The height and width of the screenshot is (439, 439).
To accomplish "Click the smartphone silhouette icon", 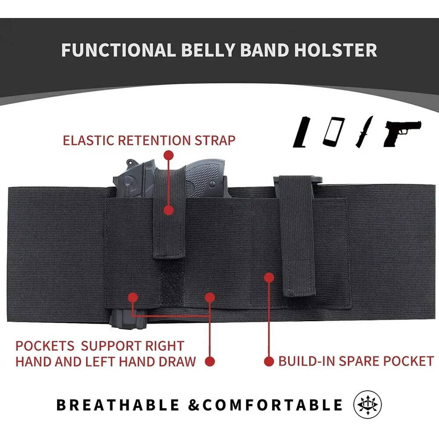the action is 334,132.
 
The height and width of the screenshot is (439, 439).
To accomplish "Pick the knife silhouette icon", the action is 364,132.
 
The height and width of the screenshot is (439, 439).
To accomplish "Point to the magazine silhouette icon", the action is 302,132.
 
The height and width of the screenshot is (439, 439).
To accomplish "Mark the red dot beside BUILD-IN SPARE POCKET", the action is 269,361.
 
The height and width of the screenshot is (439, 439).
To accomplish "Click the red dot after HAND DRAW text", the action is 210,361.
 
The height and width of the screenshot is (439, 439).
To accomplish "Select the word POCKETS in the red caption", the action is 45,346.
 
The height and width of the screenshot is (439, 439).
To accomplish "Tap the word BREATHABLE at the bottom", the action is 118,405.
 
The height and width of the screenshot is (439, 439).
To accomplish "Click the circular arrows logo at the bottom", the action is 367,404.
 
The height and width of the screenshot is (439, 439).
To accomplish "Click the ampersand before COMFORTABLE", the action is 194,405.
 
